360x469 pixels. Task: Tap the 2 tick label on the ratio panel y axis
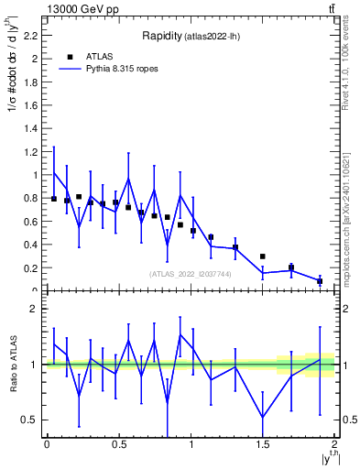tap(35, 309)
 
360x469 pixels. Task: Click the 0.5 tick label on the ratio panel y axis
tap(30, 420)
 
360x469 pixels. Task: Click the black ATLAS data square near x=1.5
tap(263, 256)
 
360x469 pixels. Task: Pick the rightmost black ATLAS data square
tap(320, 281)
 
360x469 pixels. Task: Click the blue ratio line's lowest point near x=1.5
tap(263, 418)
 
